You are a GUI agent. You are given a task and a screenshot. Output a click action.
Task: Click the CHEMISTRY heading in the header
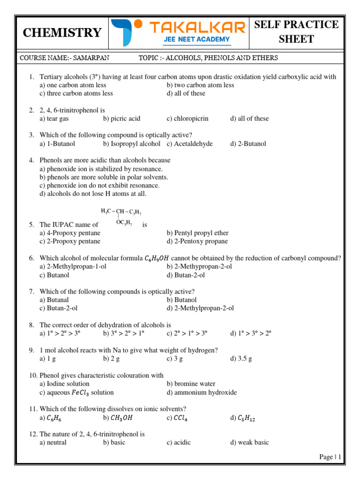click(x=62, y=33)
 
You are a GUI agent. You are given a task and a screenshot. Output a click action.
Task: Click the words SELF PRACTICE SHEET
click(x=296, y=32)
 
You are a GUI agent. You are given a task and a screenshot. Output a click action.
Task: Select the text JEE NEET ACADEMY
click(x=196, y=39)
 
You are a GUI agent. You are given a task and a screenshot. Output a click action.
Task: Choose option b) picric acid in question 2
click(x=121, y=119)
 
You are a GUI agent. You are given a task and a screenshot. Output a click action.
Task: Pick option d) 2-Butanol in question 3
click(x=248, y=144)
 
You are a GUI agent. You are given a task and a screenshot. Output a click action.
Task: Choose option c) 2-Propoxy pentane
click(x=70, y=241)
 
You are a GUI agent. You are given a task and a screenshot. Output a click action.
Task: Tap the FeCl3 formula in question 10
click(x=82, y=393)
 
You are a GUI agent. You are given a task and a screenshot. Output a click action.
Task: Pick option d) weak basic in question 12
click(x=249, y=442)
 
